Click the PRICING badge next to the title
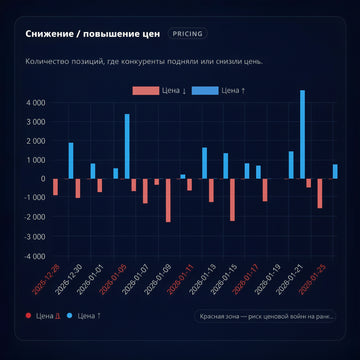pos(187,33)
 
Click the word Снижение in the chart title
pos(53,33)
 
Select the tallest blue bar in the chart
pos(302,135)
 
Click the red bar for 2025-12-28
pos(55,188)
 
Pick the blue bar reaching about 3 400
pos(127,146)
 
